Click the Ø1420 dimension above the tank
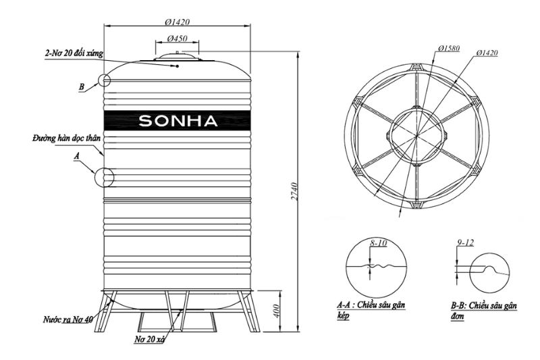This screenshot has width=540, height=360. tap(178, 22)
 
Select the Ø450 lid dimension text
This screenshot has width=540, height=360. tap(178, 38)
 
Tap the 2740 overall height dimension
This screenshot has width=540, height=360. tap(294, 192)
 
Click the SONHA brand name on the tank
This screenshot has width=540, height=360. tap(178, 121)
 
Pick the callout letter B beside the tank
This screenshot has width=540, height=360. tap(81, 86)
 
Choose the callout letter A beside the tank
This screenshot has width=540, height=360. tap(77, 157)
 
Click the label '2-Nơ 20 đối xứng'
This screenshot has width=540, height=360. tap(74, 54)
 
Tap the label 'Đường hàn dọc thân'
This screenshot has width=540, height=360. tap(67, 139)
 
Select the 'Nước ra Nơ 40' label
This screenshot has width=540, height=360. tap(68, 319)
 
